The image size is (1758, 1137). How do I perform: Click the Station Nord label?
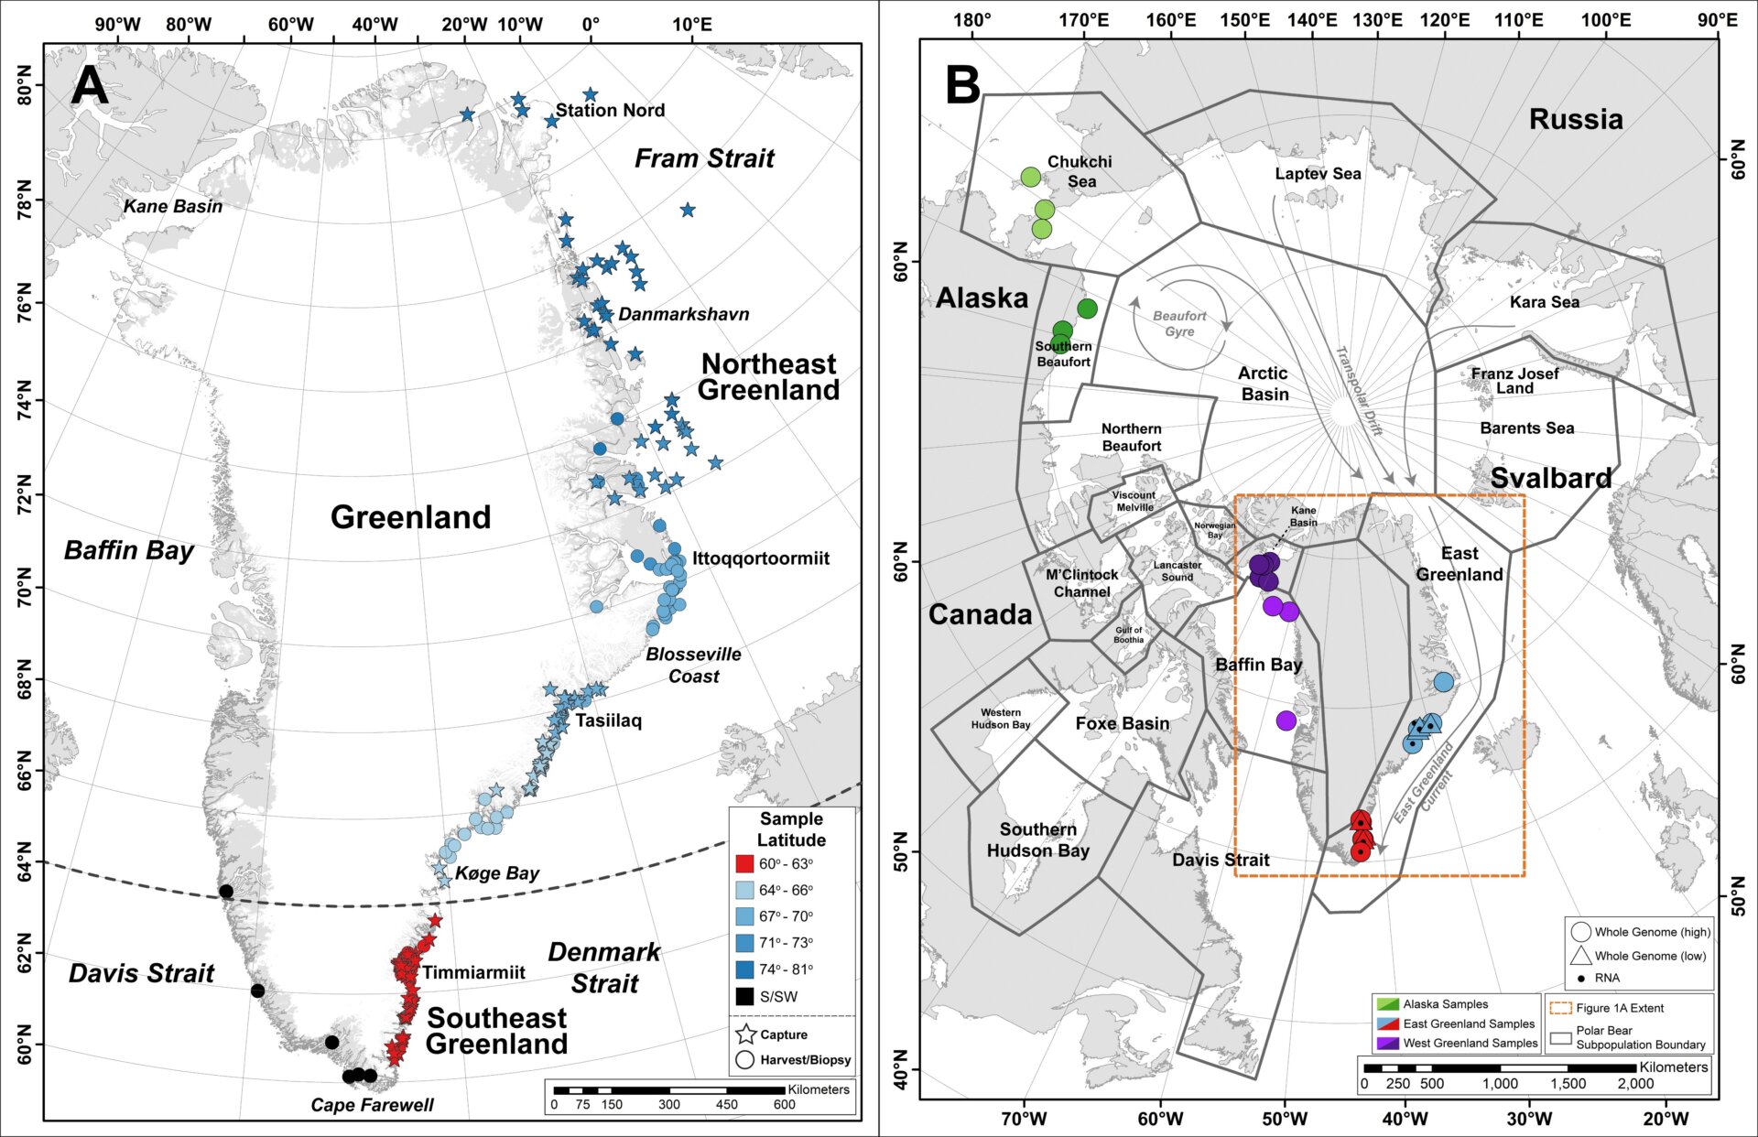coord(610,110)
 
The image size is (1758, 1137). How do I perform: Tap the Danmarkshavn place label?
coord(683,314)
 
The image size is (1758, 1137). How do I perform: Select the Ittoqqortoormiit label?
coord(760,558)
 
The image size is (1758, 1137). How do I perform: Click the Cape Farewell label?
coord(372,1105)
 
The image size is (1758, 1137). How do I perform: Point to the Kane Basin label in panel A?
coord(173,206)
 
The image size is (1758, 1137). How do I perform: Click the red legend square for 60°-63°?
coord(744,863)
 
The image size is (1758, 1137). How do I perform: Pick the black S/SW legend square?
coord(744,996)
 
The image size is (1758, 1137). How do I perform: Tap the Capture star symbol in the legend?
coord(745,1034)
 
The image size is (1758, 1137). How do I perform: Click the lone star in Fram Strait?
coord(688,211)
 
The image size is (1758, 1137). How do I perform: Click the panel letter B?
coord(962,85)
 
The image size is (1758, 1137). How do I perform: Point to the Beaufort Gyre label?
coord(1179,323)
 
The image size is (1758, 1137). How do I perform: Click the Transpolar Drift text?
coord(1359,390)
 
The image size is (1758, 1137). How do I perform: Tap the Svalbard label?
coord(1550,478)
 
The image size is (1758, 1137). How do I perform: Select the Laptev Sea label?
coord(1318,174)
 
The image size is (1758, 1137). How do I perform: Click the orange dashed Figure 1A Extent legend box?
coord(1560,1008)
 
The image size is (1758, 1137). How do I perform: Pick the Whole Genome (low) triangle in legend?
coord(1580,956)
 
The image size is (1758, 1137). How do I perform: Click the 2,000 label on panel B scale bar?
coord(1635,1083)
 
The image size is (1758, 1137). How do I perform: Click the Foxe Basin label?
coord(1122,723)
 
